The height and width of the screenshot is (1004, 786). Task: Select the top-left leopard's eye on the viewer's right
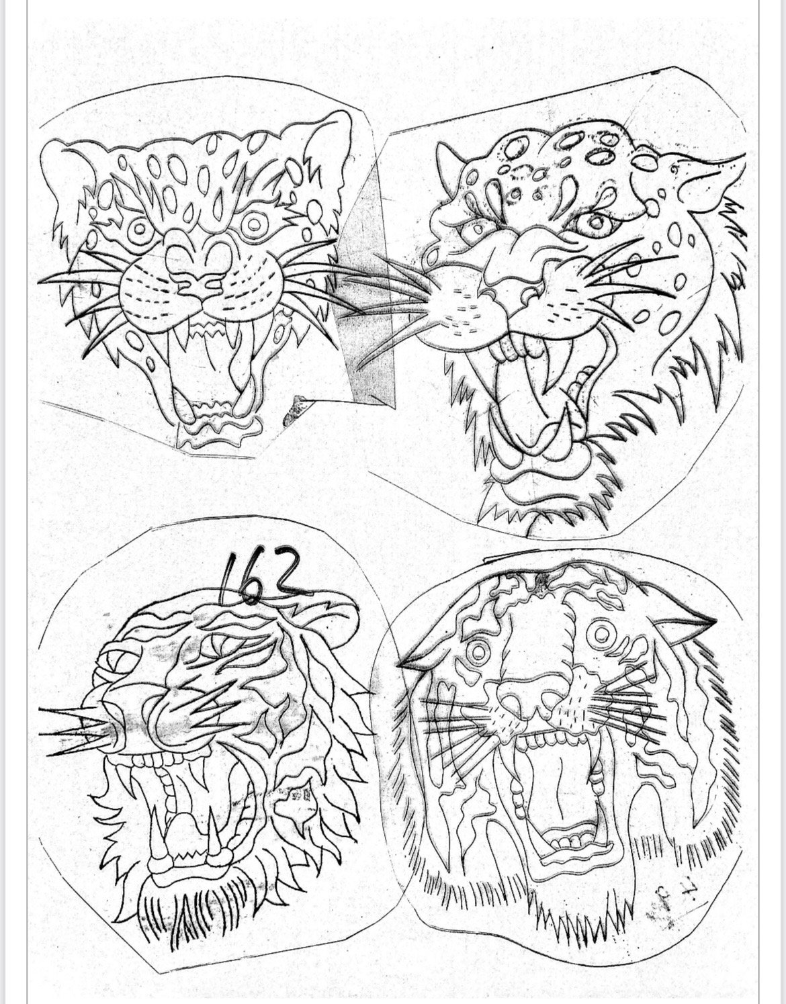point(254,224)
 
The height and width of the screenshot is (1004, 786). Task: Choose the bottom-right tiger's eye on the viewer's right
point(604,634)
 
